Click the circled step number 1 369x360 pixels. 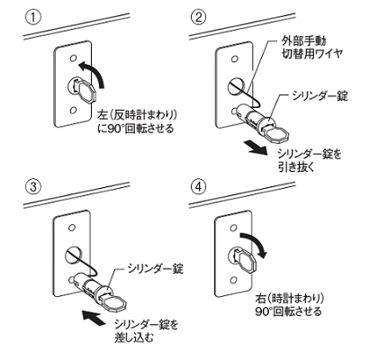pos(32,17)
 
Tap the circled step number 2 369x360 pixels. pos(198,17)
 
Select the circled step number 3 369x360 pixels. pos(32,187)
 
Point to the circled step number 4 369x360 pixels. pos(198,187)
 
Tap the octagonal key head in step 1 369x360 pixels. pos(87,92)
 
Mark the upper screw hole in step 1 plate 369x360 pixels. pos(72,58)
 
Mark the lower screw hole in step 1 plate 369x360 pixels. pos(73,111)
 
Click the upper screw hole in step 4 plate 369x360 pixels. pos(234,228)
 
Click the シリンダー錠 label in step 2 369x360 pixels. pos(320,96)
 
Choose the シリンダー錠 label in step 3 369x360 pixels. pos(155,268)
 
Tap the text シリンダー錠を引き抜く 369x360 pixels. pos(310,160)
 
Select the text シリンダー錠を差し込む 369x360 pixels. pos(147,330)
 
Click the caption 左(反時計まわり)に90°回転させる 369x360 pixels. pos(138,122)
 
